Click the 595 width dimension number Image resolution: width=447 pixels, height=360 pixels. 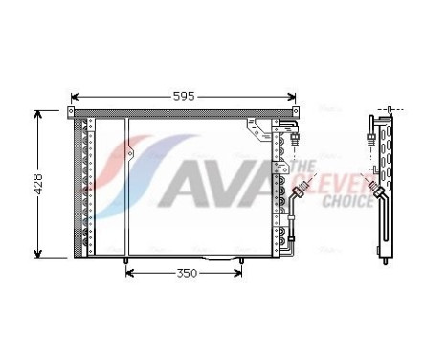click(x=184, y=96)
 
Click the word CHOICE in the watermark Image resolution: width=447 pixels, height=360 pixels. click(x=347, y=203)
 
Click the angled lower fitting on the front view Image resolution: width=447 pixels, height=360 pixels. click(x=300, y=194)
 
